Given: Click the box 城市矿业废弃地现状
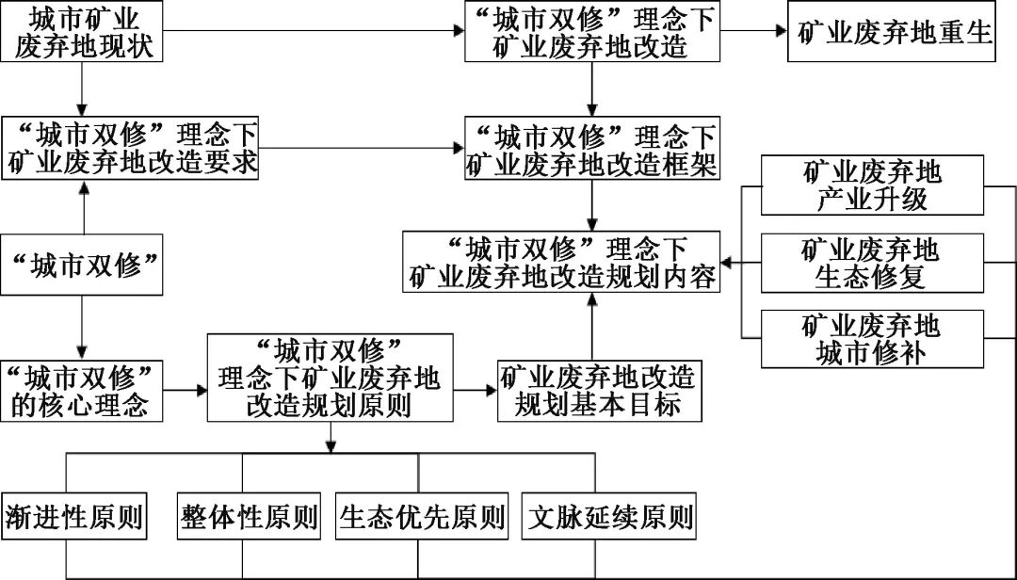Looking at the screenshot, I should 85,32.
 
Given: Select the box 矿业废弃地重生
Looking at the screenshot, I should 892,32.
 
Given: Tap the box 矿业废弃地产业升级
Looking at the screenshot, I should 872,185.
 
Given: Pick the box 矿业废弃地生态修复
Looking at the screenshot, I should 872,263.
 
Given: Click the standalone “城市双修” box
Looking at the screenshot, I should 85,265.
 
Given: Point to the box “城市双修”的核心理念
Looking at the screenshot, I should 85,390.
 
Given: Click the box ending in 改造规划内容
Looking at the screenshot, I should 562,263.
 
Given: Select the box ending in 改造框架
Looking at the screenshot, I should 591,149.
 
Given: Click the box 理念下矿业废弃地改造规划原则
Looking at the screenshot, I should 330,377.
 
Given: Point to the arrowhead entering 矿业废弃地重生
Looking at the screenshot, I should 781,31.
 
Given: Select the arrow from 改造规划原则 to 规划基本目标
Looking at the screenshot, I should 475,390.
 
